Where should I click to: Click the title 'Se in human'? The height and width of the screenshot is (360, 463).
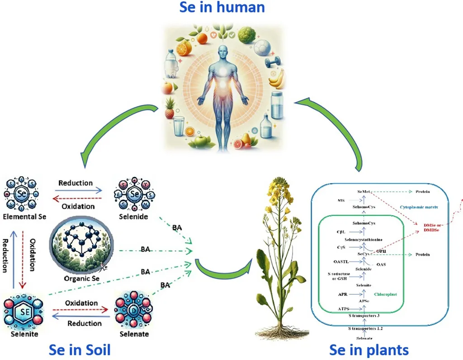point(222,8)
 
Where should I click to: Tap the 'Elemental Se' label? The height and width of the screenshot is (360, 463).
point(24,217)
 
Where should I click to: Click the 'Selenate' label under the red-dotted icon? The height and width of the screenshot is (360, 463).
point(134,334)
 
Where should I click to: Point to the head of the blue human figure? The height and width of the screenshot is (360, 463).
point(222,51)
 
